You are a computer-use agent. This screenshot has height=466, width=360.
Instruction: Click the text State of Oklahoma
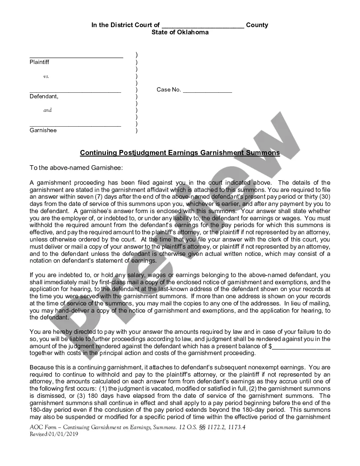coord(180,32)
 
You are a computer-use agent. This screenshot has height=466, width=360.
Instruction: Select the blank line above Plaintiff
coord(76,56)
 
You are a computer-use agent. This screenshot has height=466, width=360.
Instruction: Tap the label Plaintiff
coord(39,62)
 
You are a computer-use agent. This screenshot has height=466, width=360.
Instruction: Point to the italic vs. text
coord(46,77)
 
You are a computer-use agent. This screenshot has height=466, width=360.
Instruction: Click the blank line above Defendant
coord(75,91)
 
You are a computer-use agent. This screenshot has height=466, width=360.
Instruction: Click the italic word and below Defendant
coord(47,110)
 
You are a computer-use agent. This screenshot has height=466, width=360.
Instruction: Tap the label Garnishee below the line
coord(43,130)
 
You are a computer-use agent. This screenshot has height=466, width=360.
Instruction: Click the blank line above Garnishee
coord(75,125)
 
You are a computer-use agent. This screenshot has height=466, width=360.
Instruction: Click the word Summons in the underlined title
coord(263,153)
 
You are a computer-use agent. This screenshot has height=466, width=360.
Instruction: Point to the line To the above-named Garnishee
coord(76,168)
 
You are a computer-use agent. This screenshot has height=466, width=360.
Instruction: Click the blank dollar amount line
coord(301,347)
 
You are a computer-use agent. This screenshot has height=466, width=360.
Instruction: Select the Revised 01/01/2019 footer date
coord(54,434)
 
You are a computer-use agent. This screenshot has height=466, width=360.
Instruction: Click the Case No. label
coord(169,90)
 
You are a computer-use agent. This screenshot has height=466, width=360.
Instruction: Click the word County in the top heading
coord(257,25)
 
